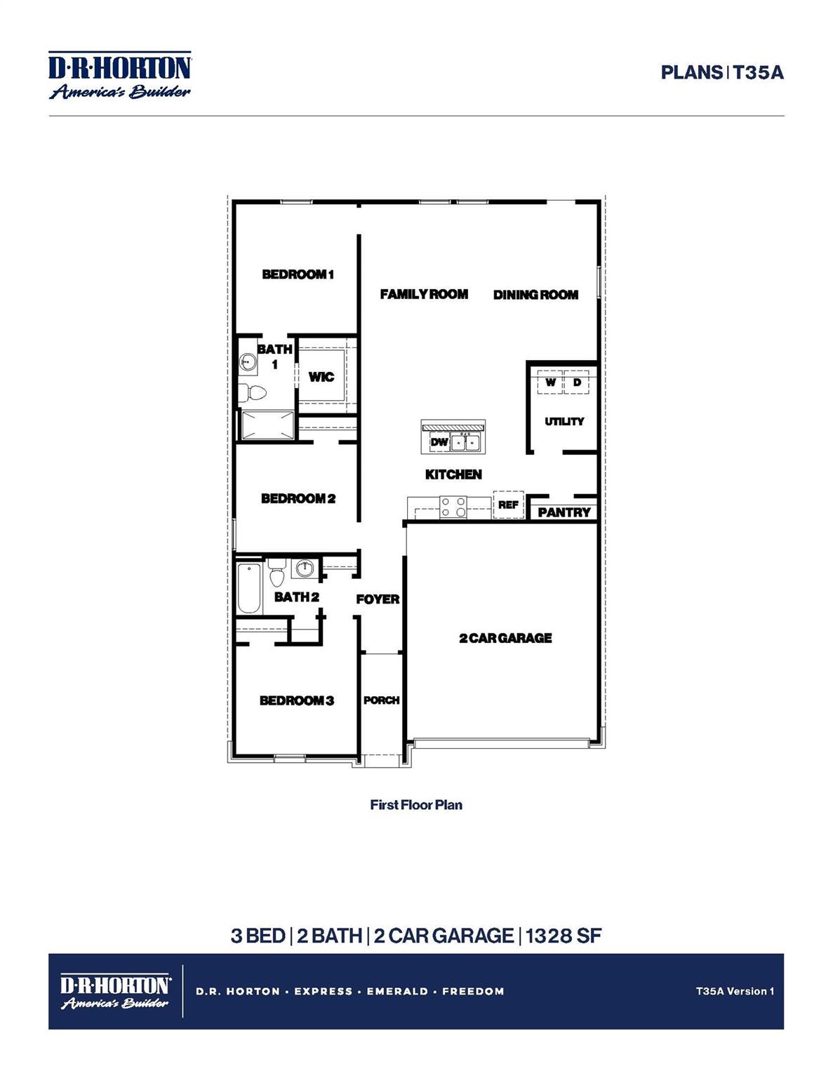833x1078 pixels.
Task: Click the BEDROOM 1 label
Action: click(x=298, y=274)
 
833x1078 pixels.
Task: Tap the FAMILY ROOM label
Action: click(x=424, y=294)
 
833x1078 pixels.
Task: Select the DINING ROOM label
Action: click(x=535, y=295)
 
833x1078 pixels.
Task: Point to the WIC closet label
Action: click(x=321, y=377)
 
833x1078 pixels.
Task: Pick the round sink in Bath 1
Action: click(x=248, y=362)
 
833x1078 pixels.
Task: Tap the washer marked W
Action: click(x=550, y=383)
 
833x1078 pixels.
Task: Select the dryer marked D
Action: click(x=577, y=383)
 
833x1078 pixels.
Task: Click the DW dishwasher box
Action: click(x=439, y=442)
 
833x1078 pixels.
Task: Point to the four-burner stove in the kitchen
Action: click(x=453, y=507)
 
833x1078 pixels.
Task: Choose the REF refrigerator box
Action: click(x=508, y=505)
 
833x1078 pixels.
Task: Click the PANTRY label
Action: click(x=564, y=512)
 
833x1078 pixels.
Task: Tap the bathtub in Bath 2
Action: click(x=248, y=587)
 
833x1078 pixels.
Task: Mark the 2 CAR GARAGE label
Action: click(x=505, y=638)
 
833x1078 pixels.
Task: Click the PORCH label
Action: click(x=381, y=700)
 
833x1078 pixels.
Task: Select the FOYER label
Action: click(x=378, y=599)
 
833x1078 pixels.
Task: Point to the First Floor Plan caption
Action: click(x=416, y=805)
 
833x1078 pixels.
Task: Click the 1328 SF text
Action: click(x=564, y=936)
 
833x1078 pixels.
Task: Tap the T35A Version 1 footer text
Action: click(x=735, y=991)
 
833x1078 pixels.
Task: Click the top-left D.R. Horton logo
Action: click(x=120, y=75)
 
